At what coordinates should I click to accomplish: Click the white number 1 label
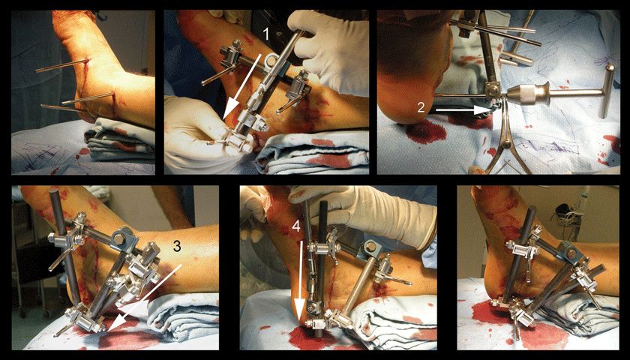[265, 35]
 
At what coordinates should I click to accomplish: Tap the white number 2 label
[420, 106]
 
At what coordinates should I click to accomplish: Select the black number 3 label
[177, 247]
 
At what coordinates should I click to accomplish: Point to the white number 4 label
[296, 226]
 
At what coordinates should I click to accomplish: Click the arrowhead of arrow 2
[483, 109]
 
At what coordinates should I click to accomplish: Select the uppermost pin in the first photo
[62, 66]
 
